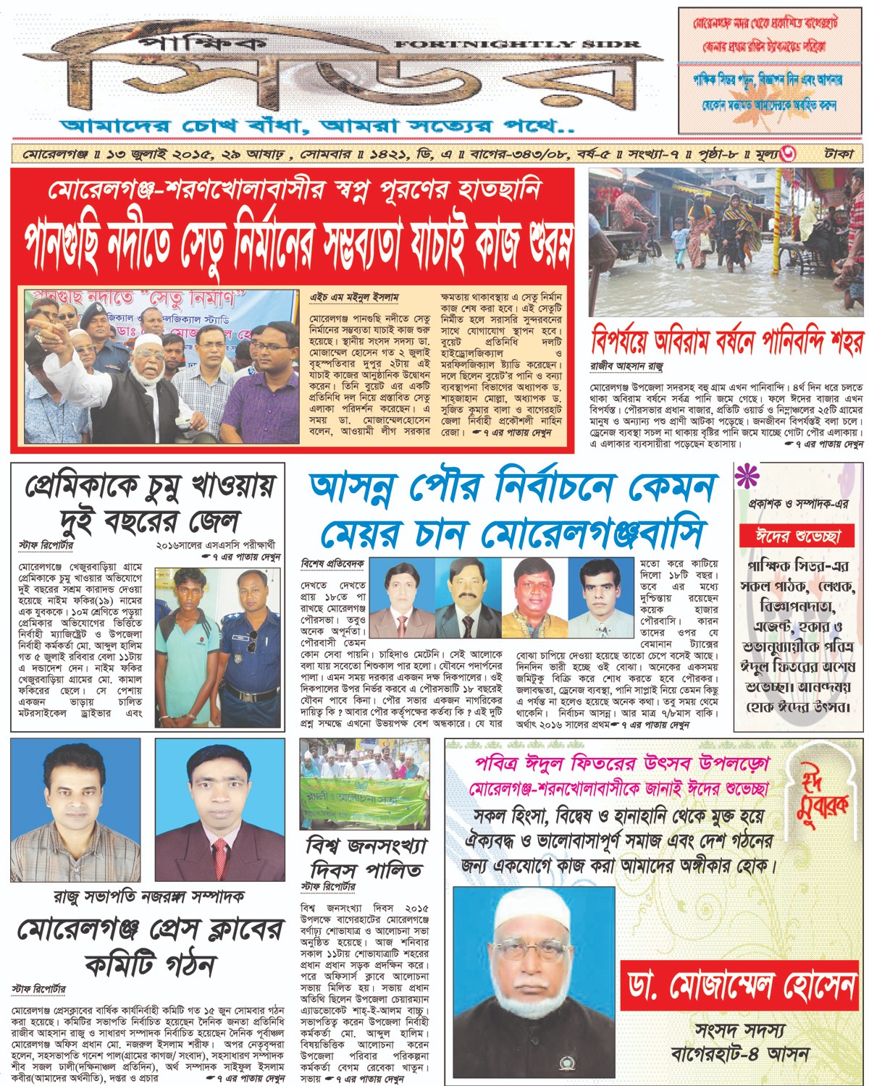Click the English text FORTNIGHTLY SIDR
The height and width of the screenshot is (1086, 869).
point(518,45)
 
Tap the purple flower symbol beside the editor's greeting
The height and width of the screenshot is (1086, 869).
point(746,478)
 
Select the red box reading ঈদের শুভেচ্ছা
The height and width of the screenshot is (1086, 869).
point(797,536)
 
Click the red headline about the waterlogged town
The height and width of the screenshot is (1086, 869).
point(727,341)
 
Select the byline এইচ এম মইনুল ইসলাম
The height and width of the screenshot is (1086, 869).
point(354,298)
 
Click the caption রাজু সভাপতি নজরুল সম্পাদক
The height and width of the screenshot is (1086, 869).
point(148,896)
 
